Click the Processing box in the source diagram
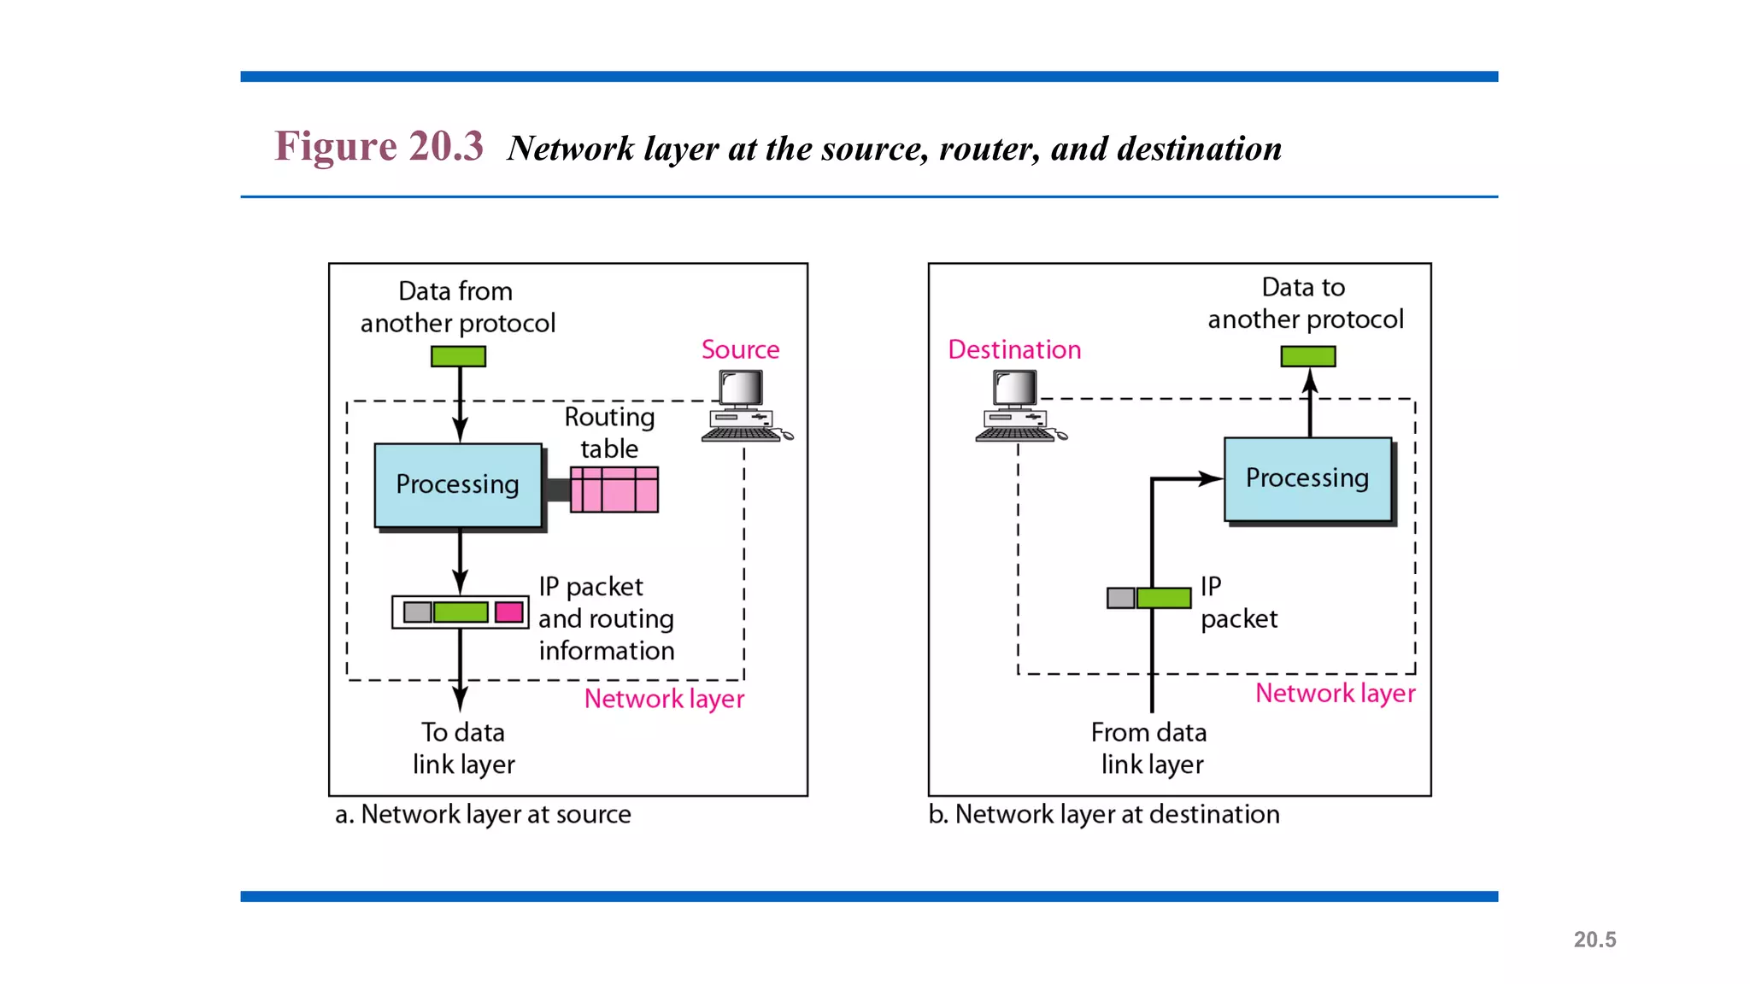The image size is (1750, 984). pyautogui.click(x=458, y=484)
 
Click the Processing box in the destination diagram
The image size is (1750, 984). pyautogui.click(x=1307, y=478)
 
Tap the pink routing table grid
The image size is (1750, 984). pyautogui.click(x=614, y=489)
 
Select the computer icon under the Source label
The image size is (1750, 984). pyautogui.click(x=744, y=407)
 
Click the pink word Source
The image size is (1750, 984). pyautogui.click(x=740, y=349)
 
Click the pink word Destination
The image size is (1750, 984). pyautogui.click(x=1014, y=349)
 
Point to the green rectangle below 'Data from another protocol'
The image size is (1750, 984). pyautogui.click(x=458, y=356)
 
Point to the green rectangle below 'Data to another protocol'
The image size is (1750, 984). pyautogui.click(x=1307, y=356)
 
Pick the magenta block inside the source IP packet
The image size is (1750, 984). pyautogui.click(x=509, y=612)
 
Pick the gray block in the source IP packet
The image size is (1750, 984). pyautogui.click(x=417, y=612)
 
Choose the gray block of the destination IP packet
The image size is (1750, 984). pyautogui.click(x=1120, y=598)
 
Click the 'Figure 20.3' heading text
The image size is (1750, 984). pyautogui.click(x=379, y=146)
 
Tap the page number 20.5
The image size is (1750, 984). pyautogui.click(x=1594, y=940)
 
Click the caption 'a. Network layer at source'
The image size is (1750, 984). pyautogui.click(x=483, y=814)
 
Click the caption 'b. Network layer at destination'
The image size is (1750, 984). pyautogui.click(x=1104, y=814)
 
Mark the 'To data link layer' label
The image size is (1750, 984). pyautogui.click(x=463, y=748)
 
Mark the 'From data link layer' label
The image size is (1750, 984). pyautogui.click(x=1149, y=748)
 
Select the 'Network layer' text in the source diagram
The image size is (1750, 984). pyautogui.click(x=664, y=699)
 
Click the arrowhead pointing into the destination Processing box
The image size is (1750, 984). pyautogui.click(x=1212, y=478)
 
